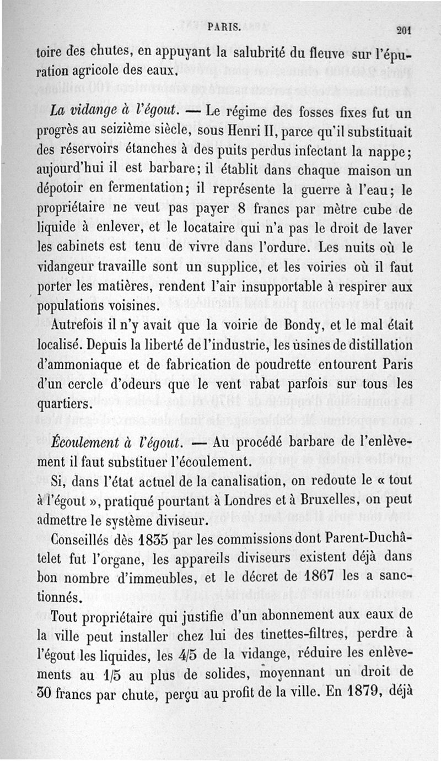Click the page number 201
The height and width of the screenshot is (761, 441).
click(404, 30)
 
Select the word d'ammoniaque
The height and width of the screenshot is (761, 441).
click(73, 365)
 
